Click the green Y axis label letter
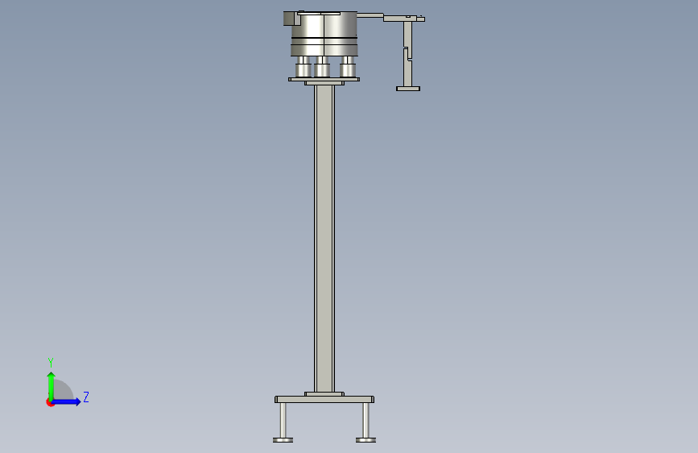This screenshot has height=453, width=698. [51, 363]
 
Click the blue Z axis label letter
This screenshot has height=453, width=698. [86, 397]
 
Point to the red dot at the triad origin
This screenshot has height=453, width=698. [50, 402]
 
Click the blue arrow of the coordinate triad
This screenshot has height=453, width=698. [66, 401]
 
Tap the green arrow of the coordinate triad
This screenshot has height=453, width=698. [52, 386]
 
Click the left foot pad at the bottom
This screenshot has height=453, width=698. [283, 440]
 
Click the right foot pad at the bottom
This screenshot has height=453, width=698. [366, 440]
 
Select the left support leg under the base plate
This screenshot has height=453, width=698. [283, 421]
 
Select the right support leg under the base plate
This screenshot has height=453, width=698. [366, 421]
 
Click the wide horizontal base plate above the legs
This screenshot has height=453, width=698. [324, 400]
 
